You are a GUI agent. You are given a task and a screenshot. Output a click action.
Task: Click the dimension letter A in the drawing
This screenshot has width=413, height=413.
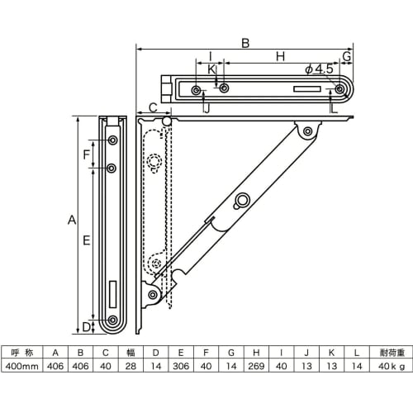tap(71, 221)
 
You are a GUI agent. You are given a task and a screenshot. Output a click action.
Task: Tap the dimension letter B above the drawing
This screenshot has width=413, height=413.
tap(245, 42)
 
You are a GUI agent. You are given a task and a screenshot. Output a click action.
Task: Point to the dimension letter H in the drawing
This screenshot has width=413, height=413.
tap(280, 56)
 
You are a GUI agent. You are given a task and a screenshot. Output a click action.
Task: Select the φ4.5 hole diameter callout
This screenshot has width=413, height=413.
tap(319, 69)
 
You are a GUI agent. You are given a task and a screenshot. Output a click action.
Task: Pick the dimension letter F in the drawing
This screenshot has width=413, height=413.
tap(87, 154)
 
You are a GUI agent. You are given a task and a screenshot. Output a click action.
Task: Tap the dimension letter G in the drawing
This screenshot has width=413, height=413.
tap(347, 56)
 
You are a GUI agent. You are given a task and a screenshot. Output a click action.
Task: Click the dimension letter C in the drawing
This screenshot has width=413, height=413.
tap(152, 108)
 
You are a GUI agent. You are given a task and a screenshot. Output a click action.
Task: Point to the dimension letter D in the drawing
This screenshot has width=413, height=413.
tap(86, 327)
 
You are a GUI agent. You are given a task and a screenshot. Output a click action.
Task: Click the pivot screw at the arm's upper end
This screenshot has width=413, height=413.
tap(307, 131)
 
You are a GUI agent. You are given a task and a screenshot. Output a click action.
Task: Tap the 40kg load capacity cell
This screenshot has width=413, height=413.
tap(387, 366)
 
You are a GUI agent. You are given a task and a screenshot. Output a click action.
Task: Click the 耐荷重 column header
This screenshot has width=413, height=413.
tap(387, 350)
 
